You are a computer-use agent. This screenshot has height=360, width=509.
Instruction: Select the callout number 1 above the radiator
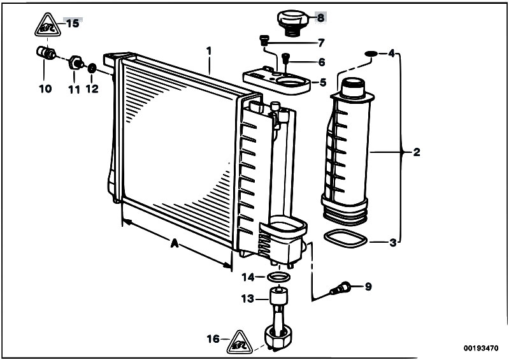(208, 49)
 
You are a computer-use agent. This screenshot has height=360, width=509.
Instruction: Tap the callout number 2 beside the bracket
(417, 152)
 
